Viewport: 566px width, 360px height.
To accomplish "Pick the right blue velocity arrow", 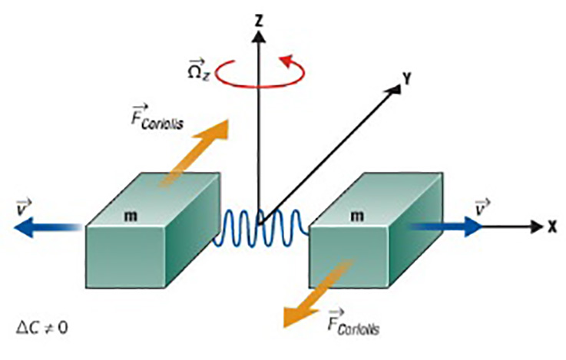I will tap(445, 227).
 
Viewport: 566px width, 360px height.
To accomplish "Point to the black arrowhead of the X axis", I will tap(536, 227).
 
